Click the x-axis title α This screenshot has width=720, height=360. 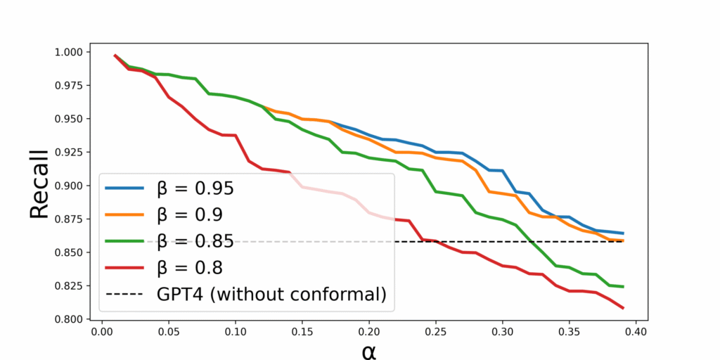coord(369,350)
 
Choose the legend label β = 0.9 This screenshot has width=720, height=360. coord(190,215)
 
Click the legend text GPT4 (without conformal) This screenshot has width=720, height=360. coord(271,295)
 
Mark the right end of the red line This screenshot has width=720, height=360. coord(623,308)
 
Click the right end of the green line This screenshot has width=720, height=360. coord(623,287)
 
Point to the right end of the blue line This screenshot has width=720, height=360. coord(623,233)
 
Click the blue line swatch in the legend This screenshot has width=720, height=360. coord(125,188)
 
